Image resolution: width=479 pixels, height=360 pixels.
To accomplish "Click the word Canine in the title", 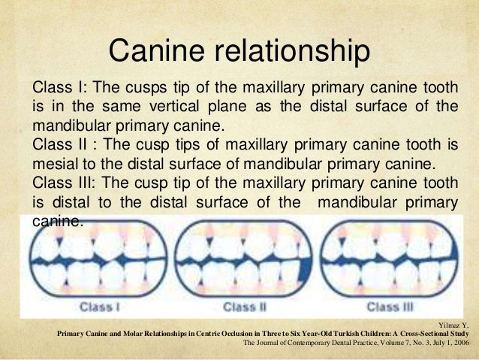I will (149, 51).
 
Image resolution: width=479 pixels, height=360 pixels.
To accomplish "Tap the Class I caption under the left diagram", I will (100, 307).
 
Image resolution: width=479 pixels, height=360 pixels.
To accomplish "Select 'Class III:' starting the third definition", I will (63, 183).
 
